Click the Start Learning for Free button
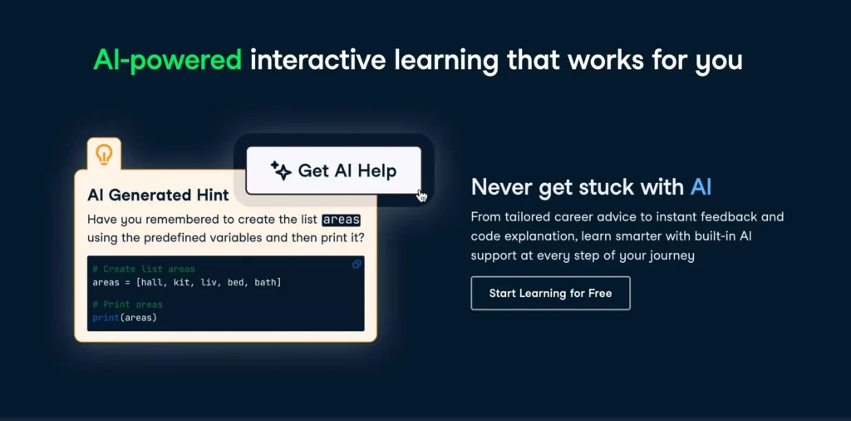coord(550,293)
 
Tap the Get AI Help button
coord(333,171)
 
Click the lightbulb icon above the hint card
coord(104,154)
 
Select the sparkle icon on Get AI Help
coord(281,171)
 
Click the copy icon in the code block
coord(357,264)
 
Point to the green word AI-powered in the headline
coord(167,60)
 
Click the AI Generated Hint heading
coord(158,195)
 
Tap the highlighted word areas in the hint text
coord(341,220)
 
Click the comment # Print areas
coord(127,305)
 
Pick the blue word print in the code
coord(106,317)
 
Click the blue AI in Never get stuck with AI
coord(701,186)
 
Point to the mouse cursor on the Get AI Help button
coord(422,196)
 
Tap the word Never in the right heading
coord(498,186)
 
